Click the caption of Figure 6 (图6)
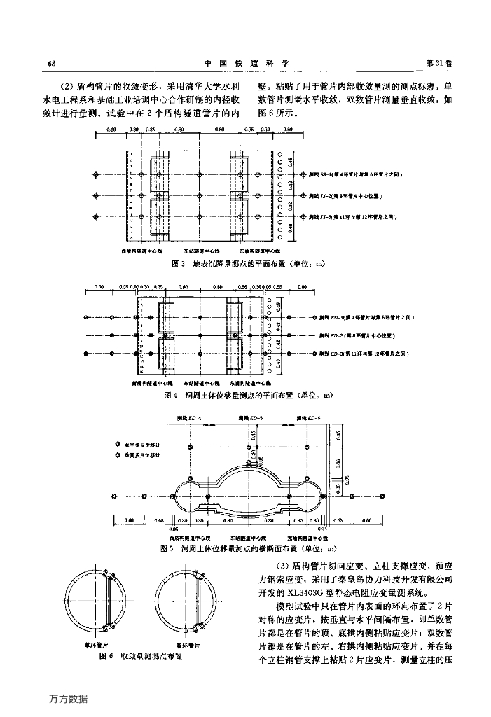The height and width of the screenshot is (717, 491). [x=141, y=656]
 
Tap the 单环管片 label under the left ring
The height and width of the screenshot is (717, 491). [x=106, y=645]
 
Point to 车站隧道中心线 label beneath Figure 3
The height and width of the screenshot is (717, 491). [x=202, y=250]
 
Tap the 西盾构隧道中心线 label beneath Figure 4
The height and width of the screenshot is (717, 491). [x=148, y=384]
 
